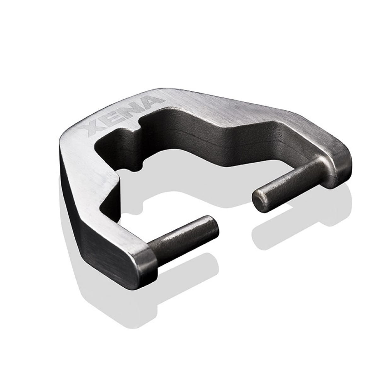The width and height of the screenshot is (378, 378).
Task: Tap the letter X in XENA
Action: (x=94, y=129)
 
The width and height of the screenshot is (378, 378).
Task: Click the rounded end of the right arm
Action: (x=342, y=164)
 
